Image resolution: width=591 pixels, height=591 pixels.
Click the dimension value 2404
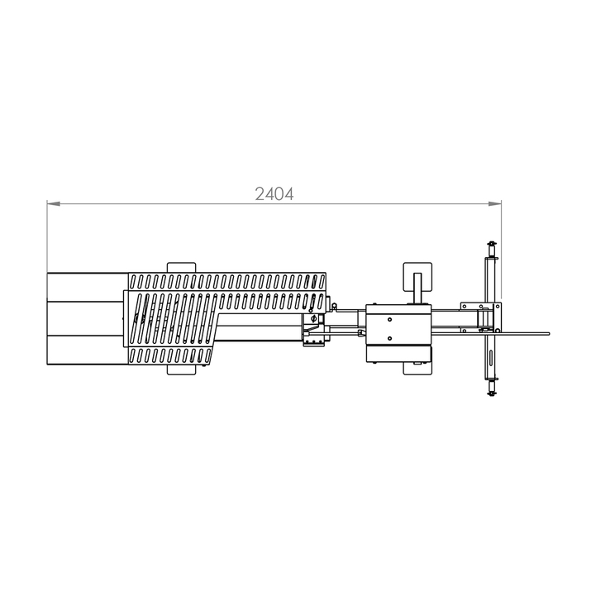274,194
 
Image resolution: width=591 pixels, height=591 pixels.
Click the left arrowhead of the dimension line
54,204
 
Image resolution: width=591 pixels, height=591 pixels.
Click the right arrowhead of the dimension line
495,204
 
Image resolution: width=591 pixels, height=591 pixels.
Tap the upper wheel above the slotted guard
181,268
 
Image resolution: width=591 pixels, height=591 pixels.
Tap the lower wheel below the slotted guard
181,369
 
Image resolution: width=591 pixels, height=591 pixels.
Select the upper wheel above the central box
417,277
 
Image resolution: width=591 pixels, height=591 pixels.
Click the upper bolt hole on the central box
389,320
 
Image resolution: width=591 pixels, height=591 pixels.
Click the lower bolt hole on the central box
389,338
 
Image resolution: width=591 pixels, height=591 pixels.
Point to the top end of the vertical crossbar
491,242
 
